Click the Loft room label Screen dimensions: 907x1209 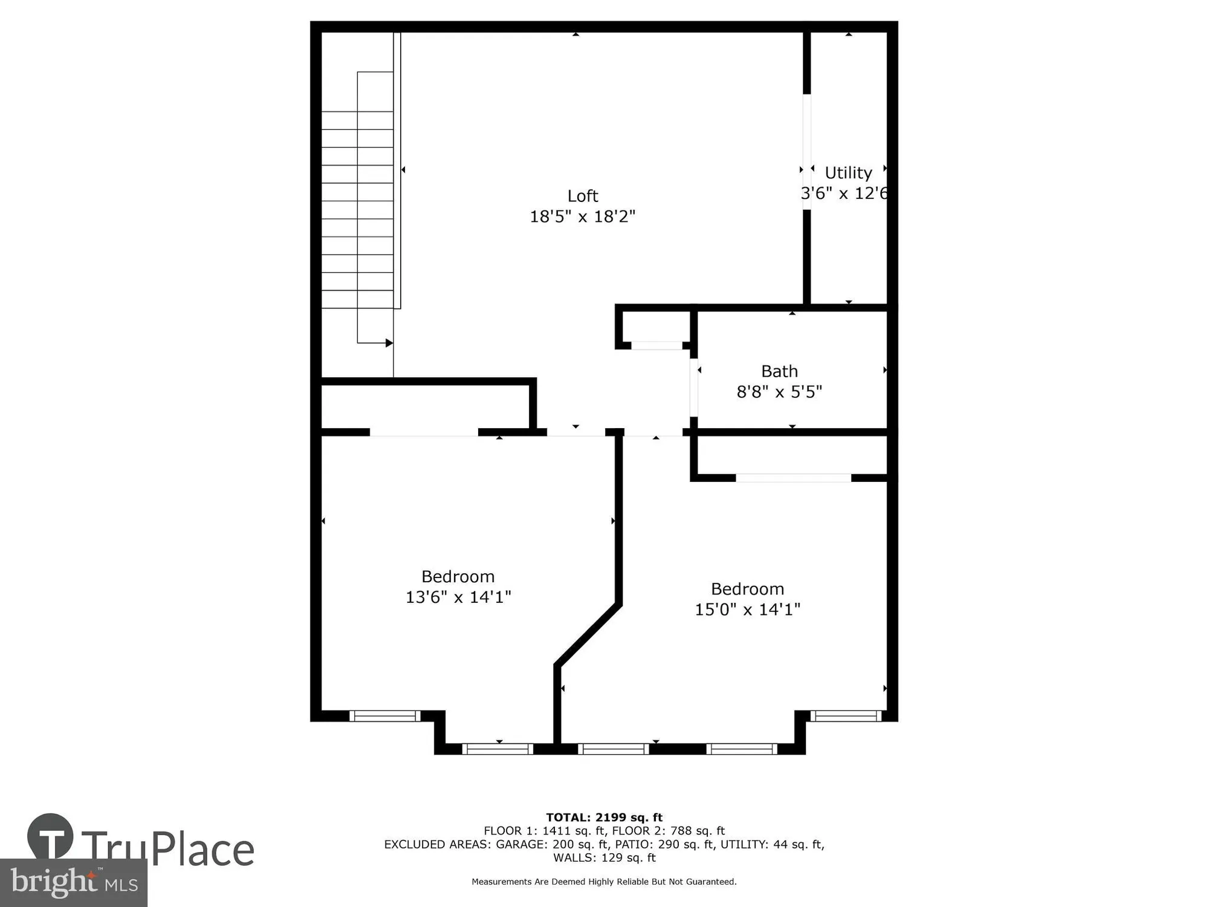coord(583,196)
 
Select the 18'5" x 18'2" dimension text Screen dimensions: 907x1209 coord(583,216)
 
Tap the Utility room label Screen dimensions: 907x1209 coord(848,173)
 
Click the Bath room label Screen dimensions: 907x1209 coord(779,371)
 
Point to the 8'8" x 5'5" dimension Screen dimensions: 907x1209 coord(779,392)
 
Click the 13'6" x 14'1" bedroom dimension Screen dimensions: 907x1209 coord(458,597)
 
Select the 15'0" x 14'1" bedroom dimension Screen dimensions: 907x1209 coord(747,610)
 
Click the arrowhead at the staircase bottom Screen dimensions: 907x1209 coord(389,343)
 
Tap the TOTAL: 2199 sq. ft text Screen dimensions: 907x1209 coord(604,818)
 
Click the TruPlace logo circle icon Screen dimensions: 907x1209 coord(50,837)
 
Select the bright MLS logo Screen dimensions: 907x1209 coord(73,883)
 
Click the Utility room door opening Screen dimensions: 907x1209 coord(806,151)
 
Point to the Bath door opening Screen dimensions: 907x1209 coord(694,387)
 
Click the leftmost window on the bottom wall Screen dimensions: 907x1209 coord(384,716)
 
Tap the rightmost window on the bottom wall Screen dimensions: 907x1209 coord(846,716)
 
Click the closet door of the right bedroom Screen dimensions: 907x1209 coord(793,478)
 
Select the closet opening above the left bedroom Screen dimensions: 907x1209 coord(423,432)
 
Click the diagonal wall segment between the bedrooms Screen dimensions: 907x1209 coord(588,634)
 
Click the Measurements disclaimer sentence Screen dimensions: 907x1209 coord(604,882)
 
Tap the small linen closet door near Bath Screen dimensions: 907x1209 coord(657,345)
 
